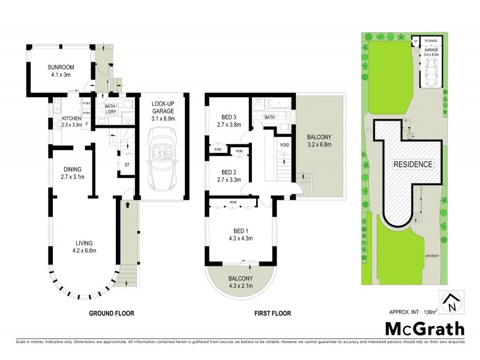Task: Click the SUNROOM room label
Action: tap(59, 67)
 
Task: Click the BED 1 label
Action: tap(243, 230)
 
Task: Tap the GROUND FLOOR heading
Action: tap(112, 313)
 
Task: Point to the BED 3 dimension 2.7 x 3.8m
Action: tap(228, 125)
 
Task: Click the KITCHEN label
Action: tap(71, 119)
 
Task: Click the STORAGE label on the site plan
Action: tap(431, 41)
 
